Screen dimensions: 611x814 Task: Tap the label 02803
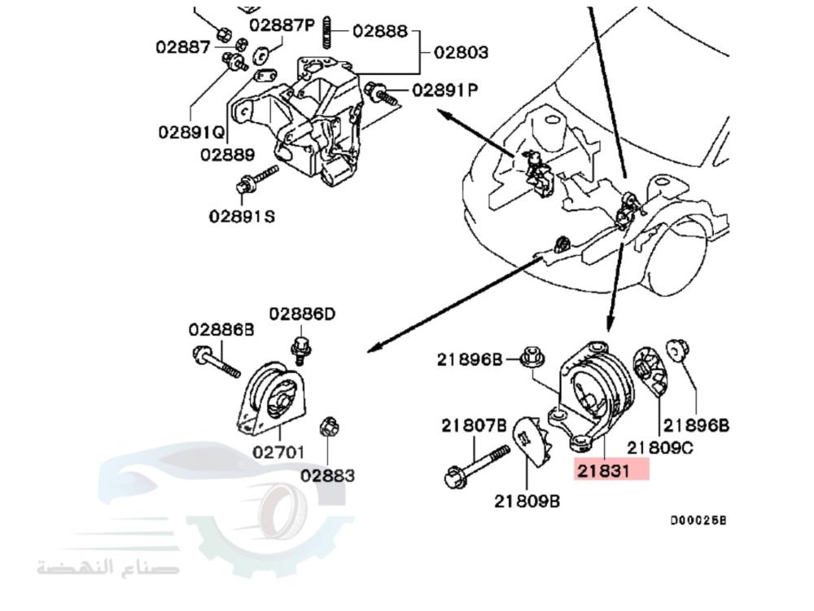click(461, 53)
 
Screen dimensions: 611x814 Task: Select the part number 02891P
click(445, 90)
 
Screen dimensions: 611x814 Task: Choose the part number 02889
click(227, 154)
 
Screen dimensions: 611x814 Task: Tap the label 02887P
click(282, 25)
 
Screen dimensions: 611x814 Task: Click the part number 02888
click(380, 31)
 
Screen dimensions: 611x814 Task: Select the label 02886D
click(303, 314)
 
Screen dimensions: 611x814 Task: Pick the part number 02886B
click(221, 330)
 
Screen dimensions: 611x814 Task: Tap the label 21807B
click(475, 424)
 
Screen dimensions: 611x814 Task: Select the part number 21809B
click(527, 501)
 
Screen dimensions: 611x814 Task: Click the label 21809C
click(660, 447)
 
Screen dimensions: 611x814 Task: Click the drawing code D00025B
click(698, 520)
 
